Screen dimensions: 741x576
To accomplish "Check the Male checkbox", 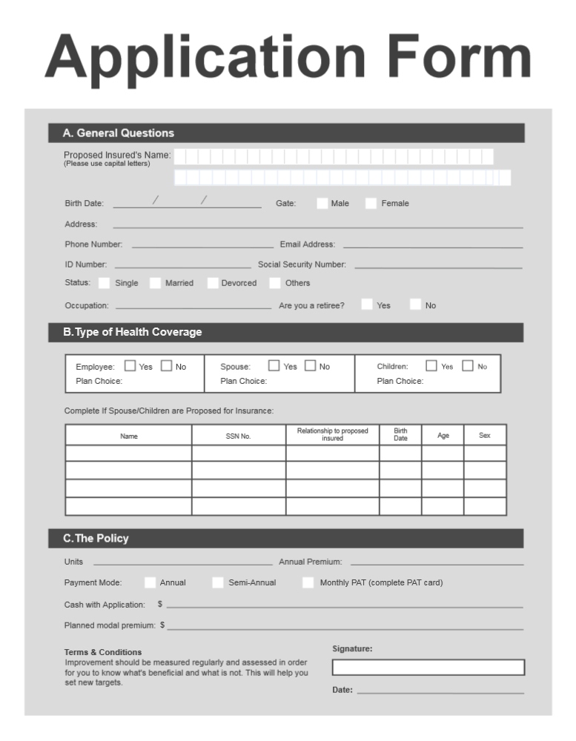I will [x=322, y=204].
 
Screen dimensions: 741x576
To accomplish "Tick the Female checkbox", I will [x=371, y=204].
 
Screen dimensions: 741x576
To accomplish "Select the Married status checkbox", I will [x=155, y=283].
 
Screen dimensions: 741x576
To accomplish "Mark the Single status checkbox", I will [x=105, y=283].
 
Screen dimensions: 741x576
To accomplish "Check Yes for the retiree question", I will [x=367, y=305].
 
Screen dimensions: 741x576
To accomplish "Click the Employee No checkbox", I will [x=167, y=366].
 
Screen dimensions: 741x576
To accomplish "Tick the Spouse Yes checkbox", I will [x=274, y=366].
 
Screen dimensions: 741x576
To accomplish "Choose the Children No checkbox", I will [x=468, y=366].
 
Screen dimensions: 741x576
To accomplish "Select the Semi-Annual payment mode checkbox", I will [x=217, y=582].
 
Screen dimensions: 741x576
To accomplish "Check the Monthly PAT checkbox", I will [x=308, y=582].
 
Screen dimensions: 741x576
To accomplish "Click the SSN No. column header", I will [x=239, y=436].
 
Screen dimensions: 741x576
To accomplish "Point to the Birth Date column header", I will [x=400, y=435].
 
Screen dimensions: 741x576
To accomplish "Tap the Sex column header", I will [x=485, y=436].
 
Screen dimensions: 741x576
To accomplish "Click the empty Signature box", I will [x=428, y=668].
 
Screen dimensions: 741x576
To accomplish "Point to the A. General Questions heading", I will [x=119, y=133].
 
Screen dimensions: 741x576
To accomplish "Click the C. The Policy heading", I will [x=96, y=539].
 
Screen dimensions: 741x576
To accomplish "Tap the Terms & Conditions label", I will [x=103, y=652].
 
